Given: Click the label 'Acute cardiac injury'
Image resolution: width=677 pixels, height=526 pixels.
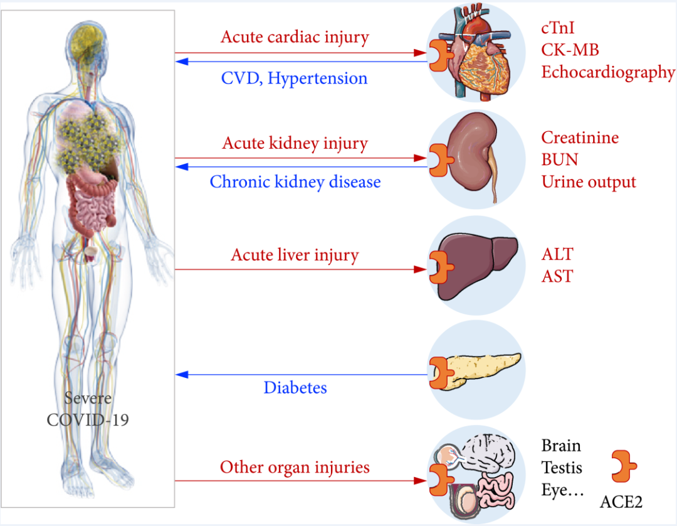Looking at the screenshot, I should tap(295, 37).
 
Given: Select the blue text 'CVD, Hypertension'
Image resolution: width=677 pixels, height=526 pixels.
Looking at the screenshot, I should tap(294, 78).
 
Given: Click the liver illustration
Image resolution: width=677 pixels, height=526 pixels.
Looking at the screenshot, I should tap(480, 264).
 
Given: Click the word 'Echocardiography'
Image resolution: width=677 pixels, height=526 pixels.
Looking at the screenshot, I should tap(608, 72).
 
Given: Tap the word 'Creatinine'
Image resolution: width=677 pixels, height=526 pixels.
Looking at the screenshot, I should tap(580, 137).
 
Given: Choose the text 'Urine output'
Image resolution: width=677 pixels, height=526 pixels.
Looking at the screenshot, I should tap(589, 182).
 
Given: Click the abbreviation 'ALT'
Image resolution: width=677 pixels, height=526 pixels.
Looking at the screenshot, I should tap(557, 255).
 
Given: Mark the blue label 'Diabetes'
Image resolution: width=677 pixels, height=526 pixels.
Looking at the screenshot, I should tap(295, 387).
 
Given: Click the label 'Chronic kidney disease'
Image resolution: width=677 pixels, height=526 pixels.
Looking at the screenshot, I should tap(295, 182).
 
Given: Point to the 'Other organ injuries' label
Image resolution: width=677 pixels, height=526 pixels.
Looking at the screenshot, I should tap(295, 468).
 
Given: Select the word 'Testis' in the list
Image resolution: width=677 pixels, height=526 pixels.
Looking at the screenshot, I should tap(562, 468).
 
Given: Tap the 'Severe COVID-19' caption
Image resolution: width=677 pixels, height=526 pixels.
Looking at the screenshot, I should tap(88, 409).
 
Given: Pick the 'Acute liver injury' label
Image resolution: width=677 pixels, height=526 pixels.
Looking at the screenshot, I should tap(295, 255).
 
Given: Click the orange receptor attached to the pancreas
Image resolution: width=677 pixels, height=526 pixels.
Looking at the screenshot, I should tap(440, 371).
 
